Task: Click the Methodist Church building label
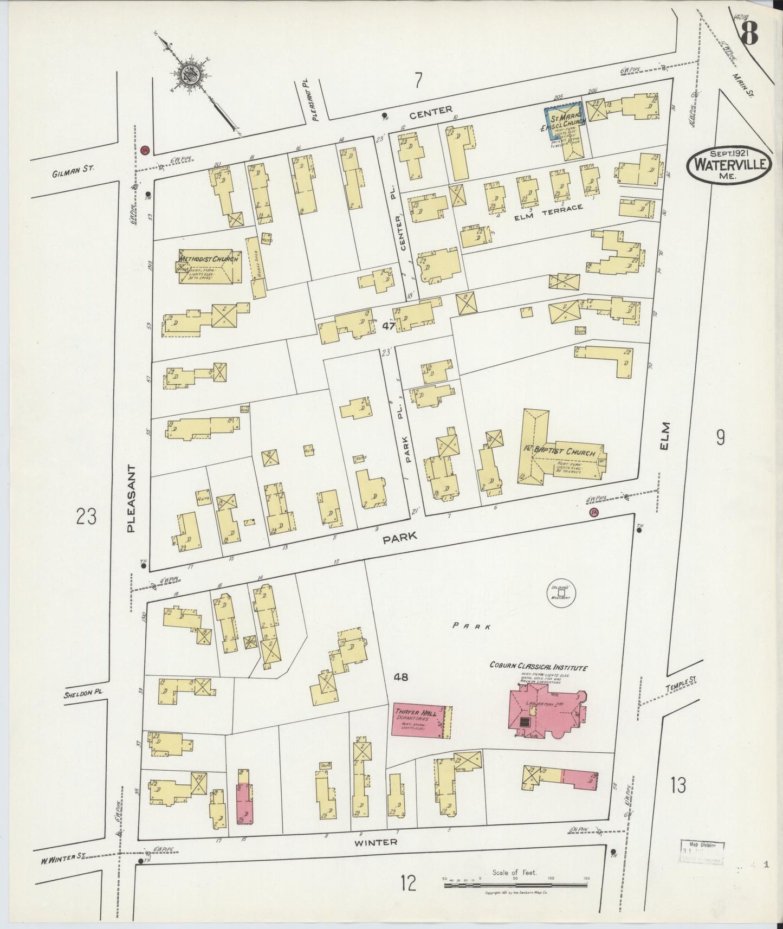pos(208,260)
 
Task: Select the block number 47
pos(388,326)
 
